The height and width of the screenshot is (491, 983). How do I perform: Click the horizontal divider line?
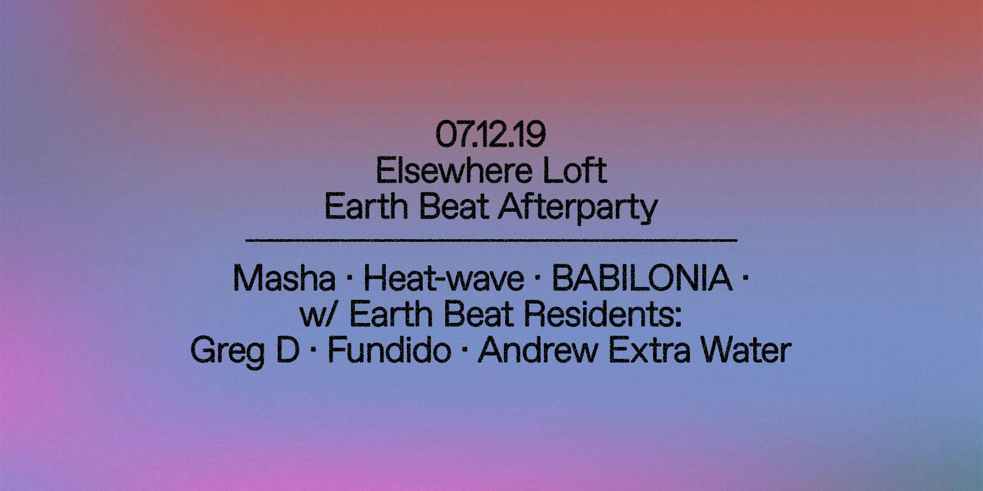pyautogui.click(x=491, y=240)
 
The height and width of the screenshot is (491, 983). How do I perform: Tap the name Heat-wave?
pyautogui.click(x=444, y=279)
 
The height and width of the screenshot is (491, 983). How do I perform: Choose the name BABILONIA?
pyautogui.click(x=642, y=279)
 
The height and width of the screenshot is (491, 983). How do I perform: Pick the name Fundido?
pyautogui.click(x=390, y=351)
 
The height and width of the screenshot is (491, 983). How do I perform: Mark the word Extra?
pyautogui.click(x=649, y=351)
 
